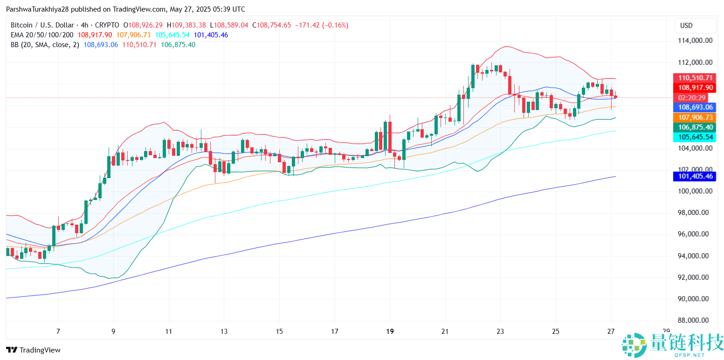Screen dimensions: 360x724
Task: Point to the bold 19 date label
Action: tap(390, 332)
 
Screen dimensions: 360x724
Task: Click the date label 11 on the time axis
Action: tap(169, 332)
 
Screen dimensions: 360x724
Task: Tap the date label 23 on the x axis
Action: tap(500, 332)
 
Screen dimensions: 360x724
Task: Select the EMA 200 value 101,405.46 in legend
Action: tap(211, 35)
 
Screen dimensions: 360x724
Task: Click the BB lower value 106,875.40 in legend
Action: tap(178, 45)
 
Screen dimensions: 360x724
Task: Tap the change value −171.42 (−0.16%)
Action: tap(322, 25)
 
